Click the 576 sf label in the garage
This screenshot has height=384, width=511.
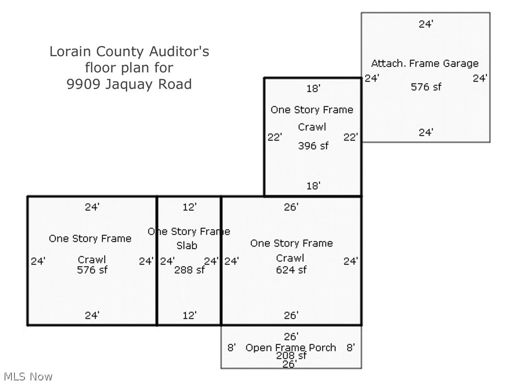pos(426,87)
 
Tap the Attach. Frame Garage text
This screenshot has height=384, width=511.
pos(425,63)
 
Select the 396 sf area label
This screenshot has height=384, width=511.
pos(313,146)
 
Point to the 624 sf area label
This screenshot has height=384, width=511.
pos(291,270)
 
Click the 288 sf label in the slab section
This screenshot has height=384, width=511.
pos(189,270)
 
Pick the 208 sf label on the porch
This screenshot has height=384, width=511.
pos(291,356)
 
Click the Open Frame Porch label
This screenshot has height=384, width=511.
pos(290,347)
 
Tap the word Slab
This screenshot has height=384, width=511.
pos(187,245)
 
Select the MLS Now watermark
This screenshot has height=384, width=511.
pos(28,376)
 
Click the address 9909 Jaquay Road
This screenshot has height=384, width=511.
pos(129,84)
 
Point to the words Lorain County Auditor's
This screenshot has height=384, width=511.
pos(129,51)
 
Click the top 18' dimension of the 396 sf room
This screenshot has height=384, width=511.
pos(313,88)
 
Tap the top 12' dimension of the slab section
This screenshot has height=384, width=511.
pos(189,207)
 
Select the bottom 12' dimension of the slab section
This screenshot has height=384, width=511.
pos(189,315)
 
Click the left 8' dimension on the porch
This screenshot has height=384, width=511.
pos(232,347)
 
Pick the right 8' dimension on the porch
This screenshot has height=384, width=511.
pos(350,347)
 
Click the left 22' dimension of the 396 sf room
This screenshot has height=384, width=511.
pos(274,137)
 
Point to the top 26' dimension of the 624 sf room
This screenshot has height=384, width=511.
pos(291,207)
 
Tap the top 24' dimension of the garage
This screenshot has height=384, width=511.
pos(426,23)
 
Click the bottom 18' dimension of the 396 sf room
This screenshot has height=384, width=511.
pos(313,186)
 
